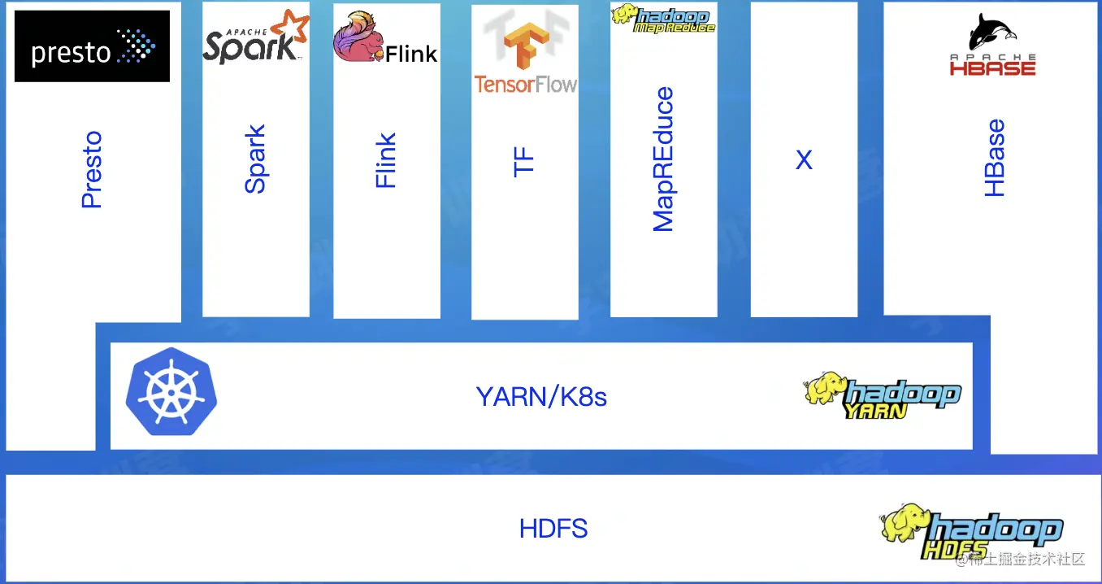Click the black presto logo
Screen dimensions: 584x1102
pos(92,46)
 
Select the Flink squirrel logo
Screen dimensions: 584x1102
pos(385,38)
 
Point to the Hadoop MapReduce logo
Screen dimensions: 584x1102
pos(663,18)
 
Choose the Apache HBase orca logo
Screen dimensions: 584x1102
pos(992,45)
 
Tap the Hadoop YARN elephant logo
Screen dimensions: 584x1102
pos(883,395)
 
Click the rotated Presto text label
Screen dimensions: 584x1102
pos(92,169)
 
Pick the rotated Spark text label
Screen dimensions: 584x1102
pos(255,159)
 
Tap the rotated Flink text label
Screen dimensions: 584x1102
pos(386,160)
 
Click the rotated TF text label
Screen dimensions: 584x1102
pos(524,161)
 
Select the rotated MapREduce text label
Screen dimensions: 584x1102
pos(664,159)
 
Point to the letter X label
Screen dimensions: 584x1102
pos(804,160)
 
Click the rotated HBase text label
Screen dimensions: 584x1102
pos(995,158)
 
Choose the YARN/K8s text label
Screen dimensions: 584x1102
pos(541,397)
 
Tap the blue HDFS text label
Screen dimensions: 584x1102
pos(553,529)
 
